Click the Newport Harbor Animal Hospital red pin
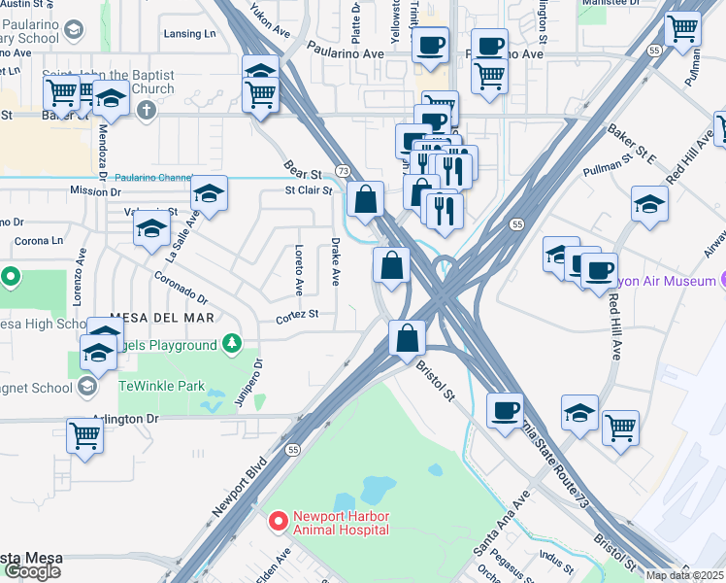point(279,523)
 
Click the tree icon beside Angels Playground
point(231,344)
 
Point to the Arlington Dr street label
point(124,419)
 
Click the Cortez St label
point(297,315)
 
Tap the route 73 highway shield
point(343,170)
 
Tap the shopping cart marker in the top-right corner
point(682,29)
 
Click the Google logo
point(32,571)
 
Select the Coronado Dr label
point(181,288)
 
